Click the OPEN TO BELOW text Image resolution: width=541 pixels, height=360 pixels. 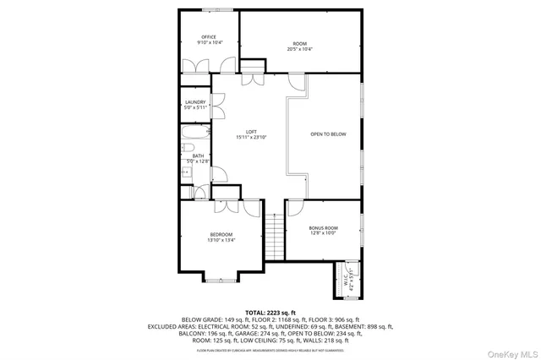(x=328, y=134)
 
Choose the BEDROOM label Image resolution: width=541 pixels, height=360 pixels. (x=221, y=237)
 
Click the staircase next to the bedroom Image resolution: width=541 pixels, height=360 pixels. (x=273, y=239)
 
